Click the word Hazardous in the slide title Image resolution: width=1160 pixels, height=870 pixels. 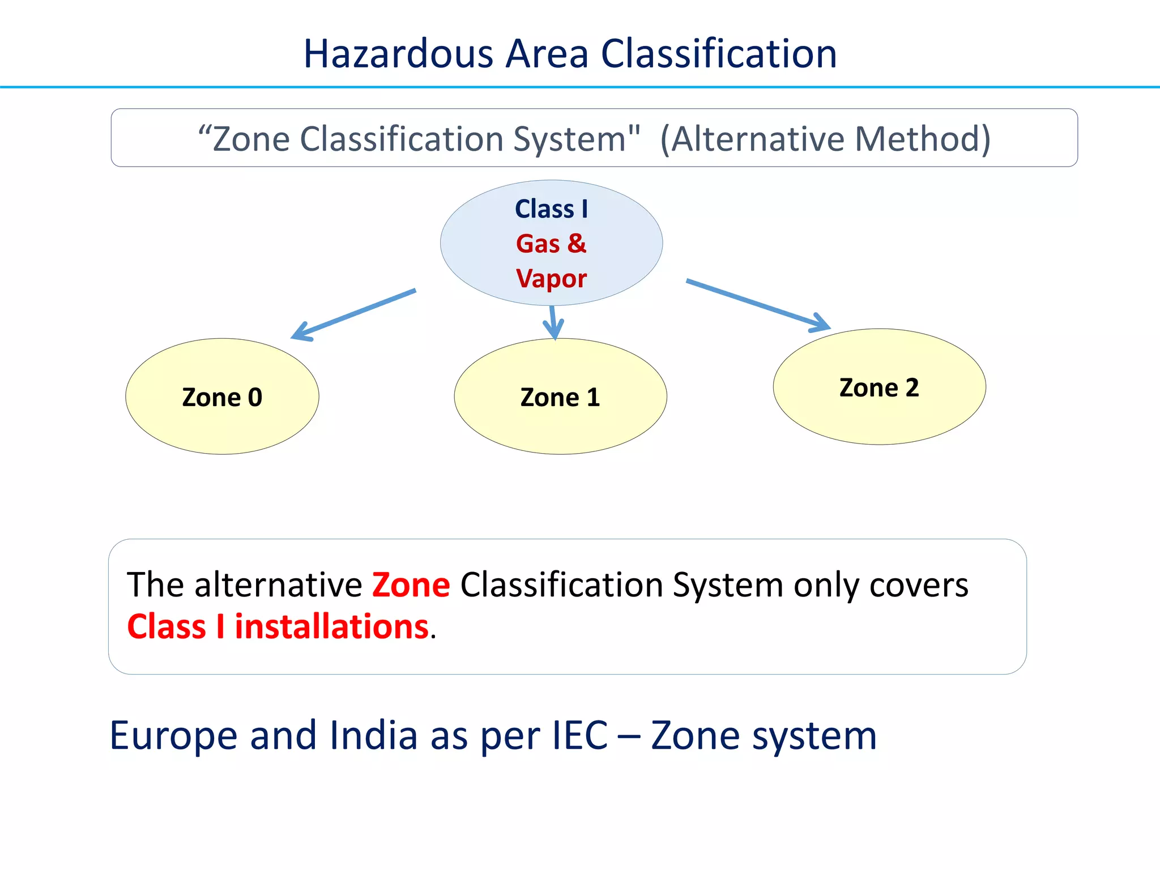pos(398,54)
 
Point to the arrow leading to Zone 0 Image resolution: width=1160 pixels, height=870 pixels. pos(354,314)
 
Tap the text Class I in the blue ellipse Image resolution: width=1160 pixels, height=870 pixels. pos(551,209)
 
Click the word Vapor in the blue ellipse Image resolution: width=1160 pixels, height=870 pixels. pos(551,279)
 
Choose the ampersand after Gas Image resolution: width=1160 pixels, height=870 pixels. pos(577,244)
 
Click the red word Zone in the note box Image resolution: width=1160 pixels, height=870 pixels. pos(411,585)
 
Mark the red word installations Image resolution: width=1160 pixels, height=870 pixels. pos(331,627)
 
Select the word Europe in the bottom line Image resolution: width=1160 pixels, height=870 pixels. pos(173,735)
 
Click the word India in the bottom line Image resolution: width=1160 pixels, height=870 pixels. pos(373,735)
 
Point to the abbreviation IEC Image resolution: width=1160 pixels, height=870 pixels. pos(579,735)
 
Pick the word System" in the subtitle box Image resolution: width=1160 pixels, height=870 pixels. pos(576,139)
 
